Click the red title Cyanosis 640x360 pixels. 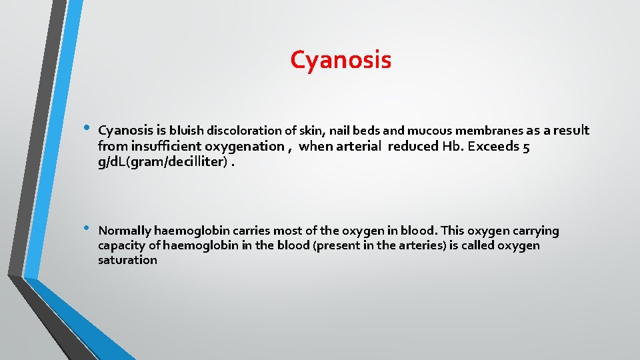341,60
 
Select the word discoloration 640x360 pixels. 241,129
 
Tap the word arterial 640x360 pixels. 358,146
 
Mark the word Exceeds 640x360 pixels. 493,146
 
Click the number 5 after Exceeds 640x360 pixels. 526,146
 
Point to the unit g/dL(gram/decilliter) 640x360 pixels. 161,162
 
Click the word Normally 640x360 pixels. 124,231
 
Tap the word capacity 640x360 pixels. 121,245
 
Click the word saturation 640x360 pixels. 127,260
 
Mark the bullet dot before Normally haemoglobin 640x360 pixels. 86,229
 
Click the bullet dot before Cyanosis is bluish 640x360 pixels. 86,127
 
